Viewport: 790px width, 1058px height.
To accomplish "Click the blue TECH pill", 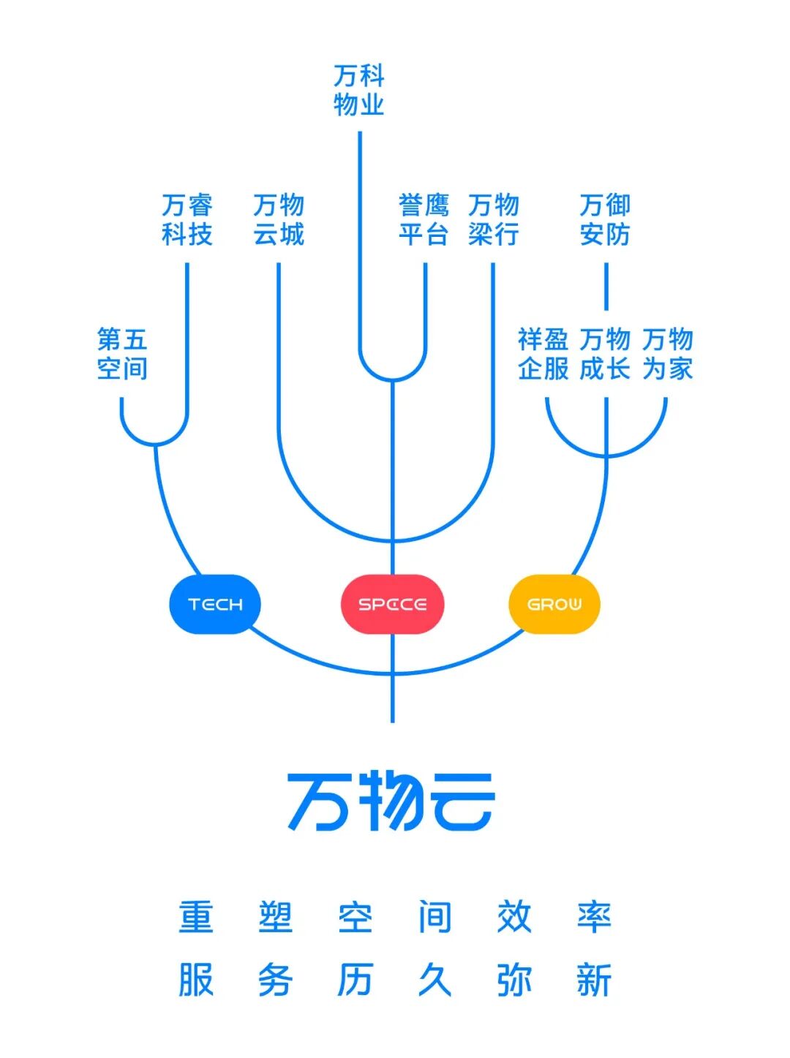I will (x=215, y=604).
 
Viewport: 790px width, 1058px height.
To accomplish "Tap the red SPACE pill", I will (x=393, y=604).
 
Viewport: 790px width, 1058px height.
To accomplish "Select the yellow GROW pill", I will (x=554, y=604).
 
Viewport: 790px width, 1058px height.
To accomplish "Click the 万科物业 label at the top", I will (x=359, y=90).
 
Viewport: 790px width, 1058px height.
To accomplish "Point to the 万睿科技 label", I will (x=187, y=219).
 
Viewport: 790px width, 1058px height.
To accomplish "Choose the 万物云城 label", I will (x=279, y=219).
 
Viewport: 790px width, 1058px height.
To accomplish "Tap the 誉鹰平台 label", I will (x=424, y=219).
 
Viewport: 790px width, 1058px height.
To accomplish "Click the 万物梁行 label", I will (x=494, y=219).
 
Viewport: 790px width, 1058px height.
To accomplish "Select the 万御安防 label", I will (x=605, y=219).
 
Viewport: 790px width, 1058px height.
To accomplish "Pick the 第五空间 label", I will (x=123, y=354).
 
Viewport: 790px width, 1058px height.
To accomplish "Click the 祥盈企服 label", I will (x=543, y=354).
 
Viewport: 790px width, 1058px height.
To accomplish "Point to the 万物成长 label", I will (x=605, y=354).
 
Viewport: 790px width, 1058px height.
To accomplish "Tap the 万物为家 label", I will (x=668, y=354).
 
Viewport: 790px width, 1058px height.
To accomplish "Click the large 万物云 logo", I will (x=391, y=802).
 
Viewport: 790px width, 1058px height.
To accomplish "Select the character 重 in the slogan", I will (x=196, y=917).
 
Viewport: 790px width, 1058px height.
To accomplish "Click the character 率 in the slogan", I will (x=593, y=917).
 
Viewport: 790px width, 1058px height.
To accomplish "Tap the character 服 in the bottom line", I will (x=196, y=980).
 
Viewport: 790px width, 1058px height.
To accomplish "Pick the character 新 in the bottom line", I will (x=593, y=980).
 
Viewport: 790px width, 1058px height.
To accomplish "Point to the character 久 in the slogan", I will (x=434, y=980).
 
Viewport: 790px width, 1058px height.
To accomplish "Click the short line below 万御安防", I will (x=606, y=287).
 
